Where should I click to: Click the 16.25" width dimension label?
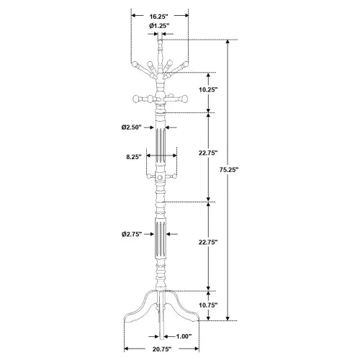click(158, 17)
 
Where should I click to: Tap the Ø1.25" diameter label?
click(159, 25)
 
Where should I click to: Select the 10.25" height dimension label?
click(208, 90)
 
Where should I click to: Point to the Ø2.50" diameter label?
click(131, 127)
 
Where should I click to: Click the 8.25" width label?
click(134, 157)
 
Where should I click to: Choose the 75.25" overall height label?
click(228, 170)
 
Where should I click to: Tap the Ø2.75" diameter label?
click(132, 234)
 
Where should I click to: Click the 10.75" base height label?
click(208, 305)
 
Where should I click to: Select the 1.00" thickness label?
click(184, 336)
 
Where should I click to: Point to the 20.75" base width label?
click(162, 356)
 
